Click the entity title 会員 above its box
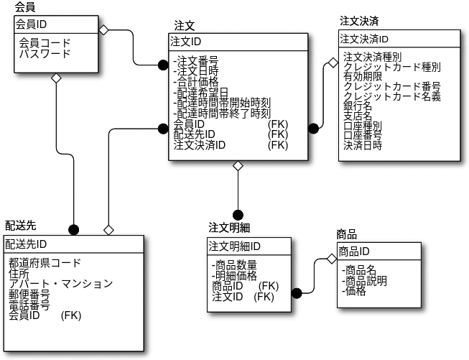[x=26, y=6]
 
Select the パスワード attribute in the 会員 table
[x=45, y=53]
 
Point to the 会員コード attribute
[x=45, y=43]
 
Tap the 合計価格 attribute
[x=197, y=81]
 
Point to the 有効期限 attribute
[x=363, y=76]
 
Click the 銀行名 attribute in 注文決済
[x=358, y=106]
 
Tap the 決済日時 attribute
[x=363, y=144]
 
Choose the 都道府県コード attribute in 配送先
[x=45, y=263]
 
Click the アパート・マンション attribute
[x=60, y=283]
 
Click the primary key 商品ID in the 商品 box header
[x=354, y=251]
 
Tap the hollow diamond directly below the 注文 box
[x=238, y=167]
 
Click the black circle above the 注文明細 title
[x=238, y=213]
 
